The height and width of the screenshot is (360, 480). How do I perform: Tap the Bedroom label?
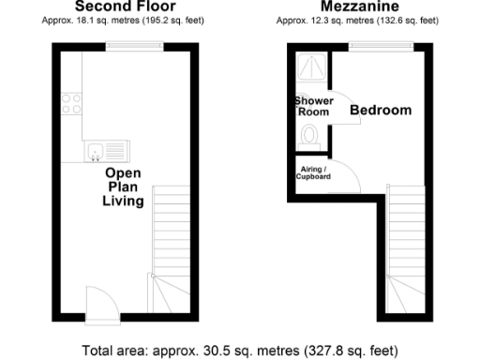coord(381,111)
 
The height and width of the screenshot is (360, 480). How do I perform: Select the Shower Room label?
coord(313,106)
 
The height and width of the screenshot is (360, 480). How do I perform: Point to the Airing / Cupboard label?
coord(313,172)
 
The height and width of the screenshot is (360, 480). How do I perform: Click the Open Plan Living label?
coord(123,187)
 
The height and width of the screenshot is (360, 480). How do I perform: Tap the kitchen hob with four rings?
coord(71,102)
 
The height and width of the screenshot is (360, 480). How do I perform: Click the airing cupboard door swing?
coord(341,174)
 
